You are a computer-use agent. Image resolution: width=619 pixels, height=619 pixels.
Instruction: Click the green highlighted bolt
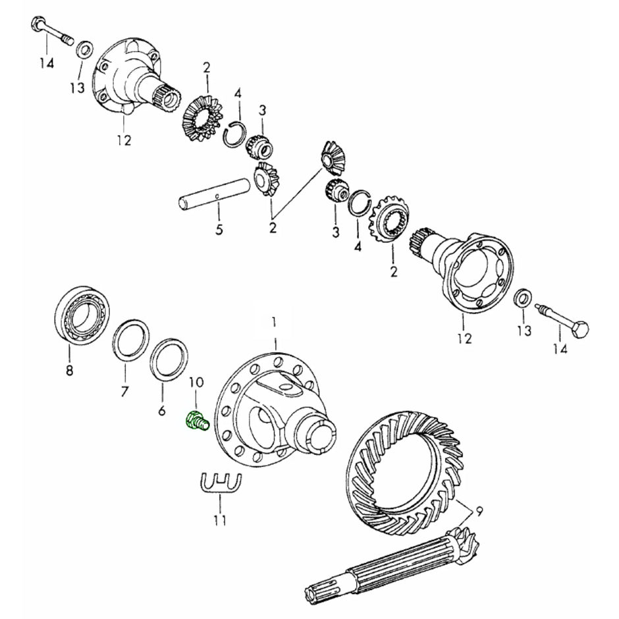196,420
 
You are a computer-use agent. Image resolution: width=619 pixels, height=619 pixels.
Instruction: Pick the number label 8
69,371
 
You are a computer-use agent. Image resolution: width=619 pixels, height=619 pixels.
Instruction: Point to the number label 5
219,230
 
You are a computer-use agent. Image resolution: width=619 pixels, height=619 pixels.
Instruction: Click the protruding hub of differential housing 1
322,434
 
